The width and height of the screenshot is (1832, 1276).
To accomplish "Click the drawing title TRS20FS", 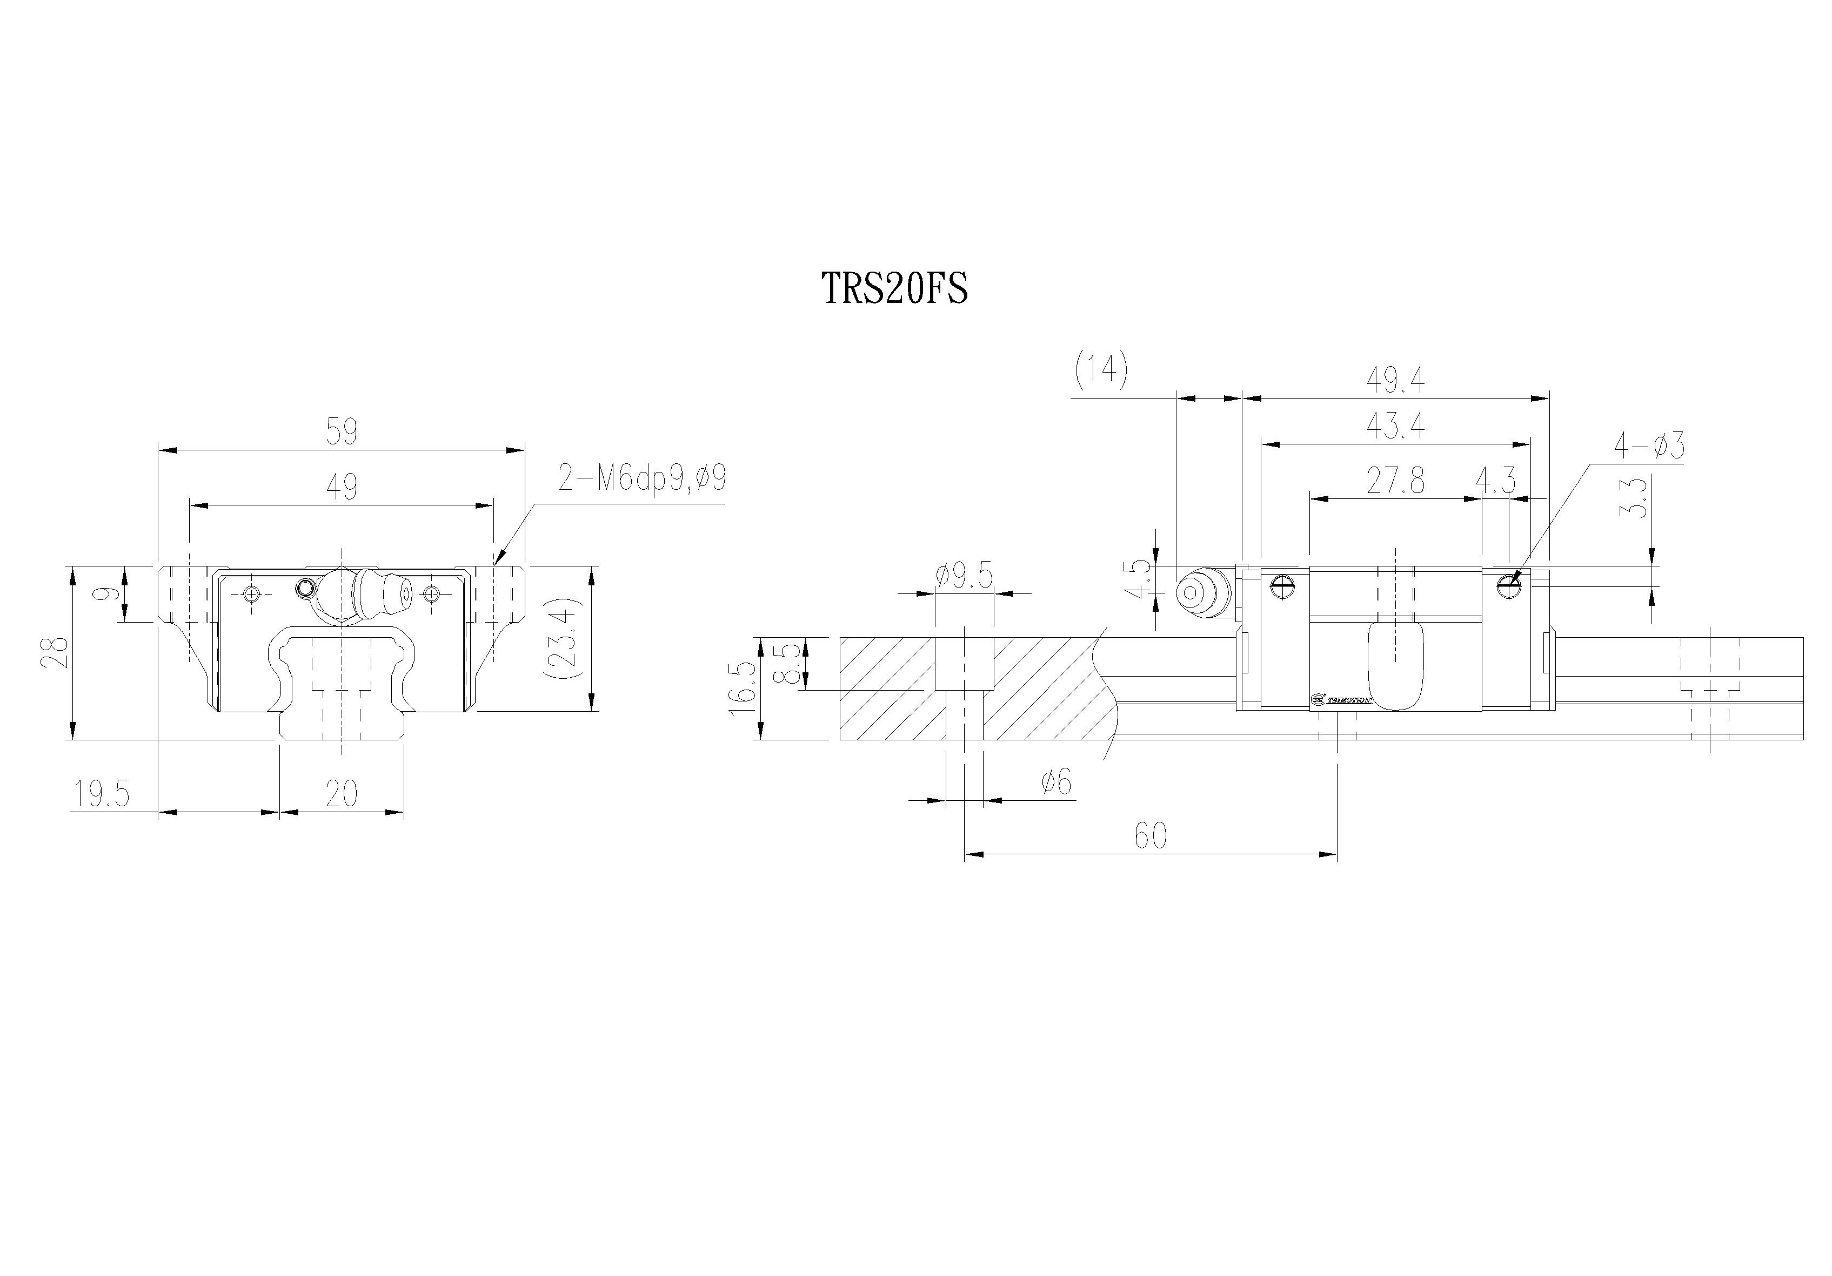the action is (x=894, y=289).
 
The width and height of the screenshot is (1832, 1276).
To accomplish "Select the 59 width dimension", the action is (x=342, y=431).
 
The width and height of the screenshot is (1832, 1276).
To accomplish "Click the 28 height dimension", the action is (x=57, y=652).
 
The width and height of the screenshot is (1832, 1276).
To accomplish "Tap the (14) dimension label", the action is (x=1101, y=371).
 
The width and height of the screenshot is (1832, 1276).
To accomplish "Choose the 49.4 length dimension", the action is (x=1395, y=380).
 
